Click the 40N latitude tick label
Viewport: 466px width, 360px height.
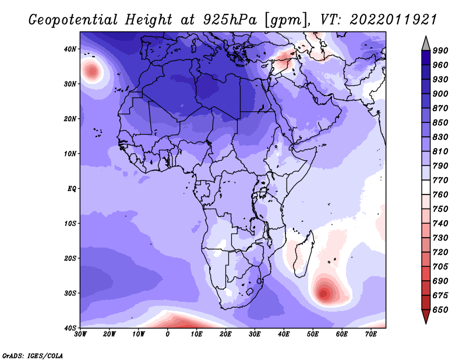[70, 49]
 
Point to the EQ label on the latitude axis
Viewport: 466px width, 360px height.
[72, 189]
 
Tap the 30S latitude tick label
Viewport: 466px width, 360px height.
[70, 293]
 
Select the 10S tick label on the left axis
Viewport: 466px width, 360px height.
[70, 223]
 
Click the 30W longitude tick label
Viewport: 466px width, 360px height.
[80, 334]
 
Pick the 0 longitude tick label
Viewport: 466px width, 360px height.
[168, 334]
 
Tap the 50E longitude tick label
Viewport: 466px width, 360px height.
[313, 334]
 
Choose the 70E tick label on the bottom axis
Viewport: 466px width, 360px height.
[370, 334]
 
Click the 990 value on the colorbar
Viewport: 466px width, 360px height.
[440, 51]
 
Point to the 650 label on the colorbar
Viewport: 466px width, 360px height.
[440, 310]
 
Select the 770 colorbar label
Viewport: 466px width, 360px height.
[440, 180]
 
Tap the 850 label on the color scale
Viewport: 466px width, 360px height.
[440, 122]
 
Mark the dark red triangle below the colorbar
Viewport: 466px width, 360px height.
[426, 315]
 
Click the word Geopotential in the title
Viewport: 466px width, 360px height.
[73, 20]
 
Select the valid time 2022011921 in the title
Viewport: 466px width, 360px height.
[393, 20]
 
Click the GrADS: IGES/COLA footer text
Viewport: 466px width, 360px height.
[33, 355]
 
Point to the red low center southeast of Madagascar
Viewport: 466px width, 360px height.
[324, 294]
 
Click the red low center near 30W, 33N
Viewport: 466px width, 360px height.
[93, 71]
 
